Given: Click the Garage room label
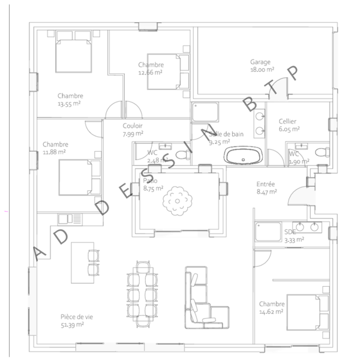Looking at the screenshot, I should [x=260, y=62].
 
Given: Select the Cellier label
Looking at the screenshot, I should [x=287, y=121].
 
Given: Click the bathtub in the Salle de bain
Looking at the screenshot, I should [x=243, y=157].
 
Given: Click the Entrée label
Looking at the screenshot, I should [x=266, y=184].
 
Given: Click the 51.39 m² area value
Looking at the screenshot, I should [x=72, y=325].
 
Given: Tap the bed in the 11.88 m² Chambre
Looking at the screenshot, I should [x=80, y=176].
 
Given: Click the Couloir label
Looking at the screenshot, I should [x=132, y=126].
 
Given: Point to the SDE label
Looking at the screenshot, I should [x=290, y=232].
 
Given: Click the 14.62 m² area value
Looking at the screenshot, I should [x=272, y=312].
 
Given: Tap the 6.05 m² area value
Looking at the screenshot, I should [x=288, y=129].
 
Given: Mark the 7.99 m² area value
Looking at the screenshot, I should [x=132, y=134].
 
